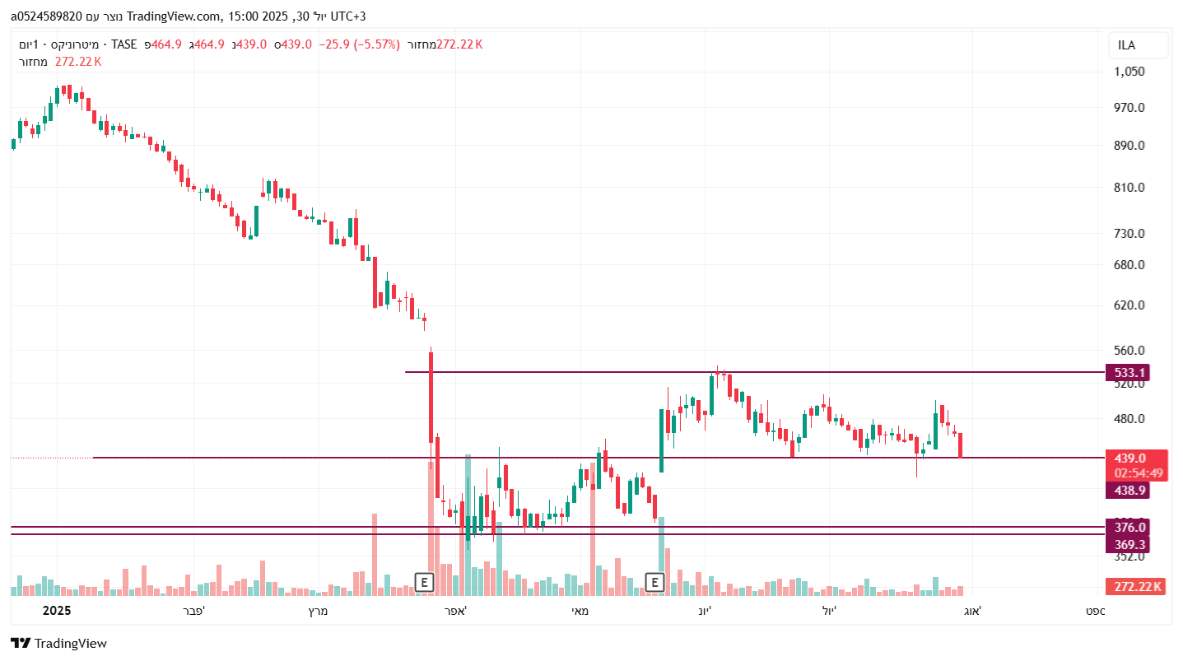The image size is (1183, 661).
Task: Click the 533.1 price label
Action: (x=1130, y=373)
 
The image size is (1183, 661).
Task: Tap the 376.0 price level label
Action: (x=1129, y=528)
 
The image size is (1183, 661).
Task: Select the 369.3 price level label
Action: (x=1129, y=545)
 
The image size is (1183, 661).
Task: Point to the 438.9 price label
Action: (x=1129, y=491)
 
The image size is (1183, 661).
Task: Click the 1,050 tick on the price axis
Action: (x=1129, y=72)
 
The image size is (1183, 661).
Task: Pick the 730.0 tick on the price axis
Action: (x=1129, y=234)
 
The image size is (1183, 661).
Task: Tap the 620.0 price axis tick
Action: (x=1129, y=305)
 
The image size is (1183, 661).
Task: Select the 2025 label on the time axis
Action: (x=57, y=611)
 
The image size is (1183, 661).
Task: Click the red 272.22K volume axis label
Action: (x=1137, y=587)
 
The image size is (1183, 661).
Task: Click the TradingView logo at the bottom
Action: (x=58, y=644)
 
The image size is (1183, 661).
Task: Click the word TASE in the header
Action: (x=124, y=44)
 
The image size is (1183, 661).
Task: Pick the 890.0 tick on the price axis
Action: (x=1129, y=146)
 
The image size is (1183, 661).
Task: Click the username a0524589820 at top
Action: (x=46, y=16)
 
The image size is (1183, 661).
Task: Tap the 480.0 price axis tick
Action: (x=1129, y=419)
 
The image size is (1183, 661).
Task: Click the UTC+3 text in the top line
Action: (x=348, y=16)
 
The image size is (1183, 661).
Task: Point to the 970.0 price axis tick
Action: (x=1129, y=108)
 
